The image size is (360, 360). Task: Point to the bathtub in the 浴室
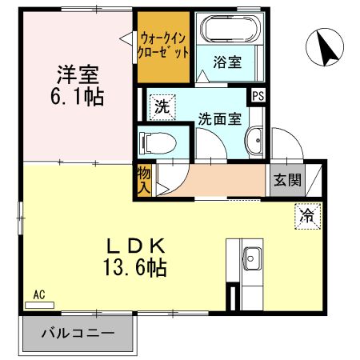point(231,29)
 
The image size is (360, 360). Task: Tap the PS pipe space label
point(258,94)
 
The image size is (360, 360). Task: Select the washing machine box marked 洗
point(159,105)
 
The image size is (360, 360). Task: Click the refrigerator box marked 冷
point(307,214)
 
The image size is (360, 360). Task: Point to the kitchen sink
point(250,258)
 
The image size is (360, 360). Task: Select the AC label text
point(38,294)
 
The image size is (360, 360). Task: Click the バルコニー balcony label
point(78,334)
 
